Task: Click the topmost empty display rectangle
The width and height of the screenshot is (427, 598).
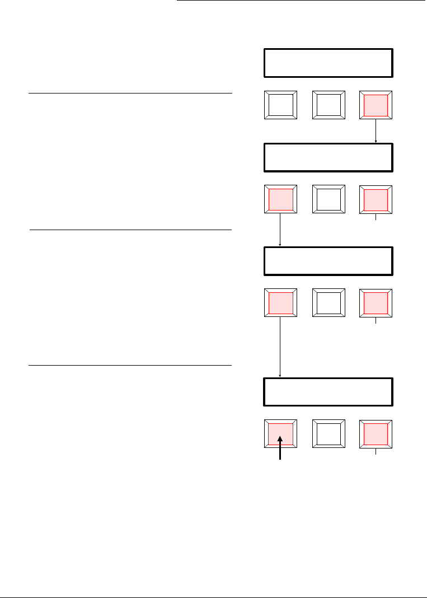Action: [x=328, y=63]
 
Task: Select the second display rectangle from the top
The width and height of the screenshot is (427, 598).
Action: [x=328, y=157]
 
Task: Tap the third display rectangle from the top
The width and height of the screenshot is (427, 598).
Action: [x=328, y=261]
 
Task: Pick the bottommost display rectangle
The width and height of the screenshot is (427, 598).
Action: [x=328, y=393]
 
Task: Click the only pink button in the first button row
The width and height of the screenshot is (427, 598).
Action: [x=376, y=105]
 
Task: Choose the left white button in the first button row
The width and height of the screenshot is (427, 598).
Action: [x=280, y=105]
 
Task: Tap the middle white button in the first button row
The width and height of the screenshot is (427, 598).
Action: [x=328, y=105]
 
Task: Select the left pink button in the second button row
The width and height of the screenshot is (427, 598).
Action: [x=280, y=199]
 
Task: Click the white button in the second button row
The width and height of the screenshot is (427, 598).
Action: [x=328, y=199]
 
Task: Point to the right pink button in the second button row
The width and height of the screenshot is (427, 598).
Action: [x=376, y=199]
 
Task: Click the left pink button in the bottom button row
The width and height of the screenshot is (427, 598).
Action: [x=280, y=434]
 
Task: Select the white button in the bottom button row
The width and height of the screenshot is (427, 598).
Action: [x=328, y=434]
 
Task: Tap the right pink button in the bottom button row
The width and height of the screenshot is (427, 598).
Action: [x=376, y=434]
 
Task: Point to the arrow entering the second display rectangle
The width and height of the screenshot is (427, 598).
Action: [x=376, y=131]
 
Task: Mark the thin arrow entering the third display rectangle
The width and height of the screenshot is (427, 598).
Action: [x=280, y=230]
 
